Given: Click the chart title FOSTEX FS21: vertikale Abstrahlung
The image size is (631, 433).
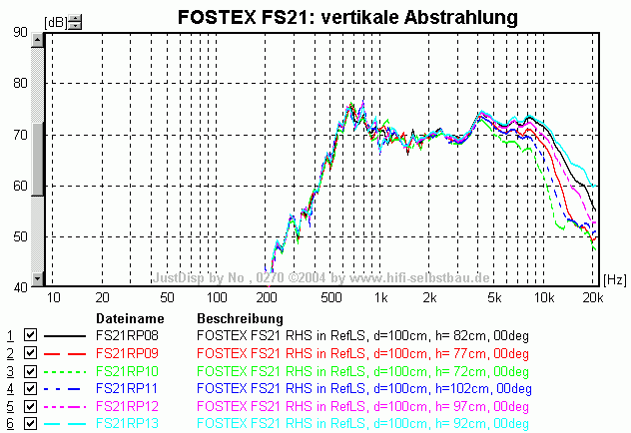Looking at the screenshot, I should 346,17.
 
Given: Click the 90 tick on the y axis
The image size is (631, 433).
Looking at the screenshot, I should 19,31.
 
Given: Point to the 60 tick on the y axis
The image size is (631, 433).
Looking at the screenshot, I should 19,186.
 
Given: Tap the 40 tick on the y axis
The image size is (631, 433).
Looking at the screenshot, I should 19,288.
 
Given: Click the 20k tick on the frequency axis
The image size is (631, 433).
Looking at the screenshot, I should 592,298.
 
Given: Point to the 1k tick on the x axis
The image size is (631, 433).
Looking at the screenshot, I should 378,298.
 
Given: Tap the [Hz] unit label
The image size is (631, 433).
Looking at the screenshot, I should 616,280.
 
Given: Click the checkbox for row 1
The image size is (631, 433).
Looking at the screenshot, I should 30,335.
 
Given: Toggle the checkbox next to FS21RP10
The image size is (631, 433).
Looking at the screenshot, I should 30,370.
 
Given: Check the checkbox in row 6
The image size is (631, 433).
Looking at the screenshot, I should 30,424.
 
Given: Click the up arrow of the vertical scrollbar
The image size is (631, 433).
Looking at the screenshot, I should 38,41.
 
